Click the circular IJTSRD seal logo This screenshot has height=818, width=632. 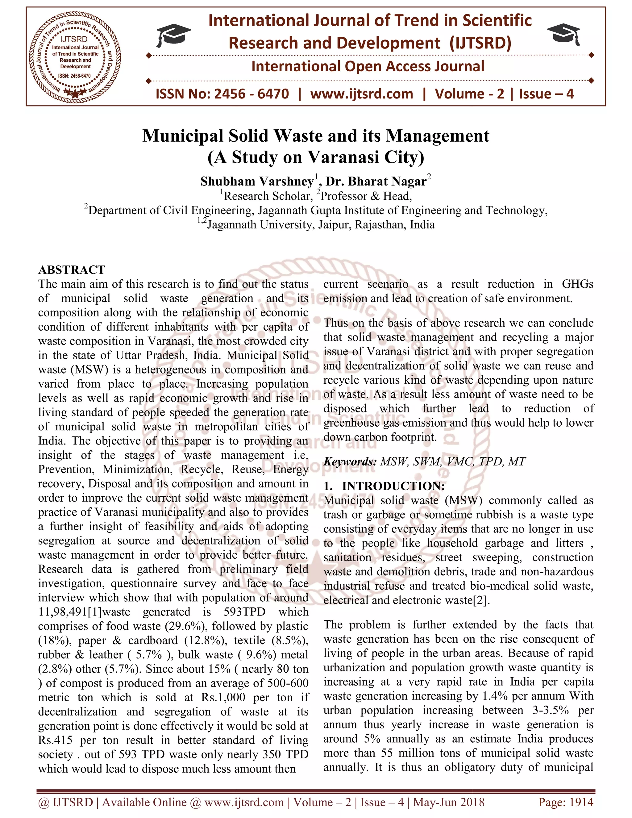75,56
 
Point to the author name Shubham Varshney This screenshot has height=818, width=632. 257,182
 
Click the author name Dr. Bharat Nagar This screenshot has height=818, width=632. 376,182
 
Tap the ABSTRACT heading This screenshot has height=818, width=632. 72,270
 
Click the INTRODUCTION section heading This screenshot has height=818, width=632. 393,486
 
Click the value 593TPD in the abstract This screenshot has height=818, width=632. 244,612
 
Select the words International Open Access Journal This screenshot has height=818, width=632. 368,66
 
